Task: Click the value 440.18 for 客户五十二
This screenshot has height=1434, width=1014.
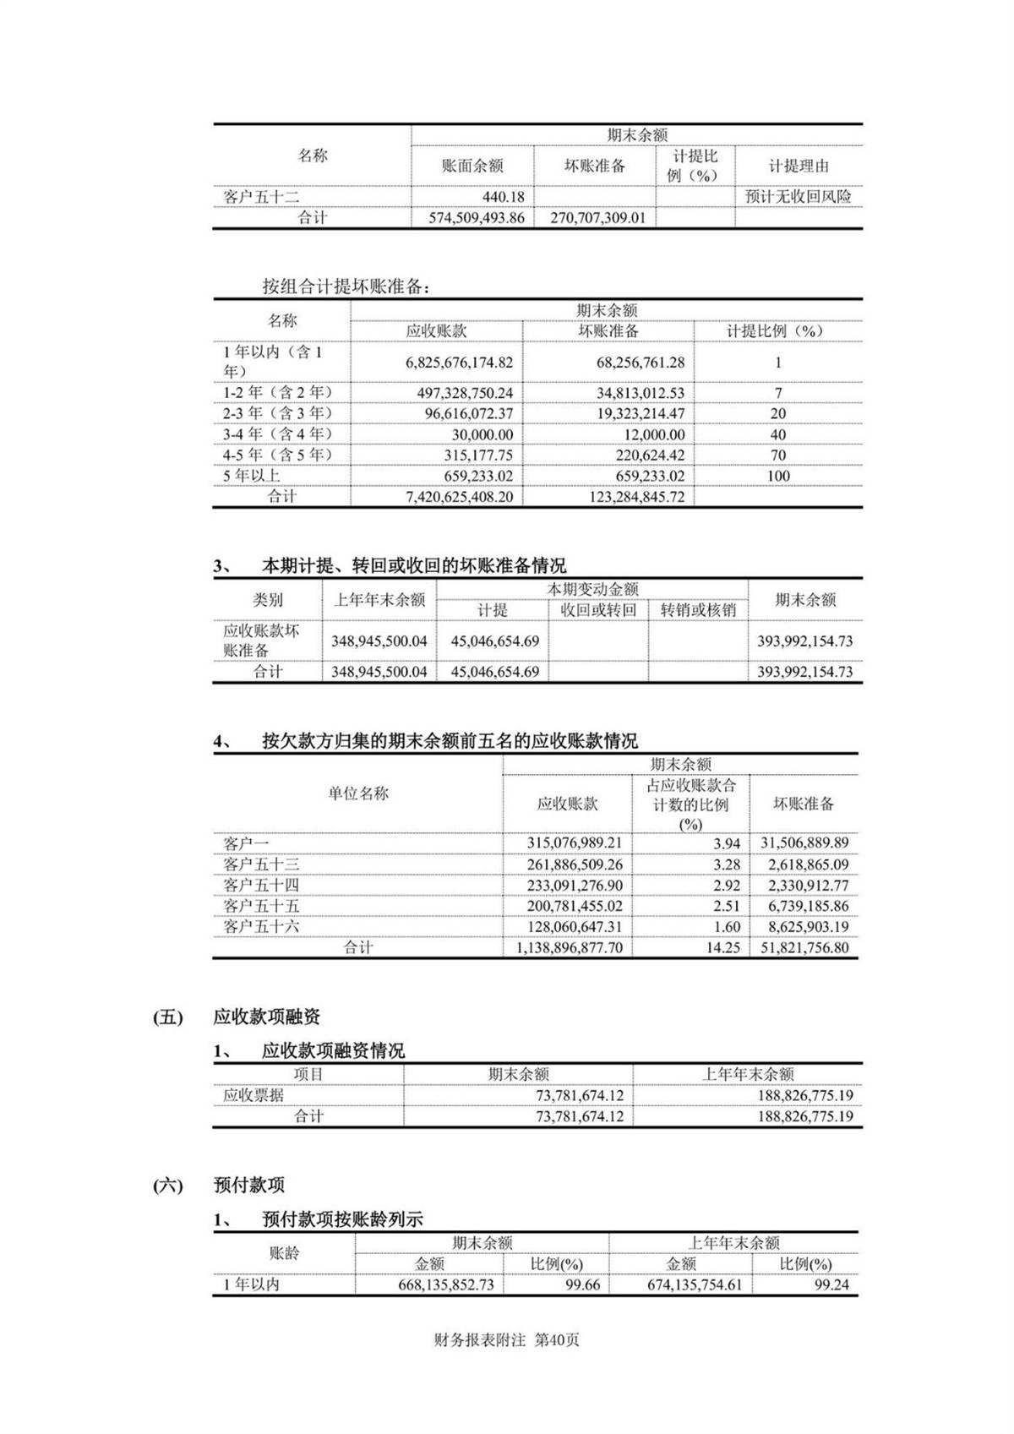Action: [x=503, y=197]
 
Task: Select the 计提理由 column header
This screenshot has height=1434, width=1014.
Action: [x=798, y=166]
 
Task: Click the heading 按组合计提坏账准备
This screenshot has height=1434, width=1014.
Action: [x=346, y=286]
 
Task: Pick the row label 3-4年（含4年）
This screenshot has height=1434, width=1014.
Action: [x=277, y=434]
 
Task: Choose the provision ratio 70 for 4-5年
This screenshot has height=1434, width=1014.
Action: [x=777, y=455]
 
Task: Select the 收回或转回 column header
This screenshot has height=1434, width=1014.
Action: [x=598, y=610]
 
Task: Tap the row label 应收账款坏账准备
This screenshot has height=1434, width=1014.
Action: [x=261, y=641]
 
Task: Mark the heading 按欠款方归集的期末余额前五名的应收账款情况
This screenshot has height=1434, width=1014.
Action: [x=450, y=741]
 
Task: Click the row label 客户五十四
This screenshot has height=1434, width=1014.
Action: [x=261, y=886]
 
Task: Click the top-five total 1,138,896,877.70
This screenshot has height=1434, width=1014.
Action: [x=569, y=948]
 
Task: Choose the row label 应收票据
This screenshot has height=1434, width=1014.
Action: [x=253, y=1095]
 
